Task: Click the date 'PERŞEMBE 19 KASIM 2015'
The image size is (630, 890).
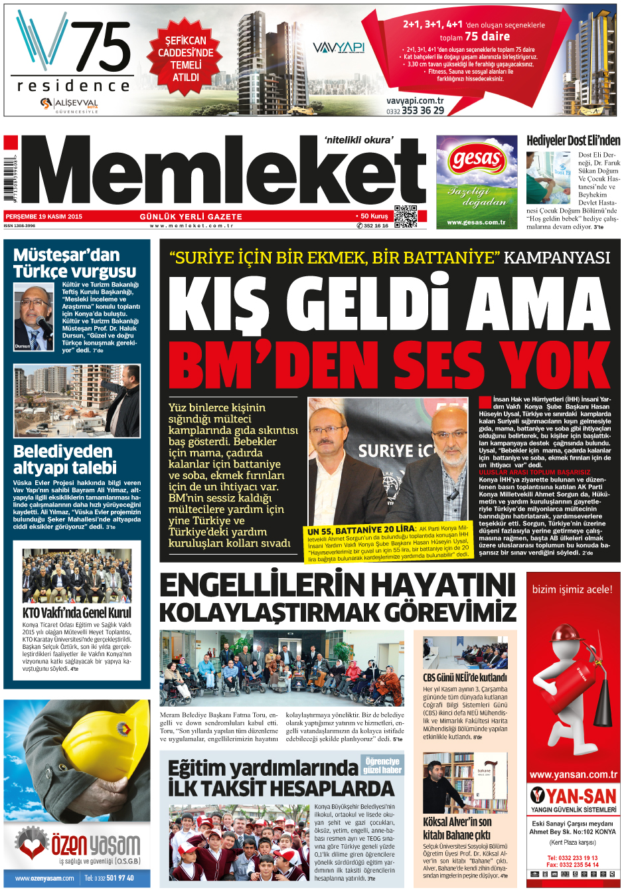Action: [44, 217]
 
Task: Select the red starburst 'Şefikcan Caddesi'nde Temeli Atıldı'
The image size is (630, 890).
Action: [186, 58]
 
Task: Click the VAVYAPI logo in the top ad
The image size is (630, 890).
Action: [339, 48]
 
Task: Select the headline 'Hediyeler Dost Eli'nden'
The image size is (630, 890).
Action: [573, 140]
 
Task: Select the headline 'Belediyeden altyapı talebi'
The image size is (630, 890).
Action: [65, 460]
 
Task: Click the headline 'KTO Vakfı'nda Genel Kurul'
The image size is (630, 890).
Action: [77, 612]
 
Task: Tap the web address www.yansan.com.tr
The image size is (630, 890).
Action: [573, 774]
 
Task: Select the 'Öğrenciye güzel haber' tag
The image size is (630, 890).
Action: [382, 765]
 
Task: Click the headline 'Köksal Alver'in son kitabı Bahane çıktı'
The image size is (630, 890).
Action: [458, 828]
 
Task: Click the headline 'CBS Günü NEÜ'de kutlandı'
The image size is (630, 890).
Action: [465, 677]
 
